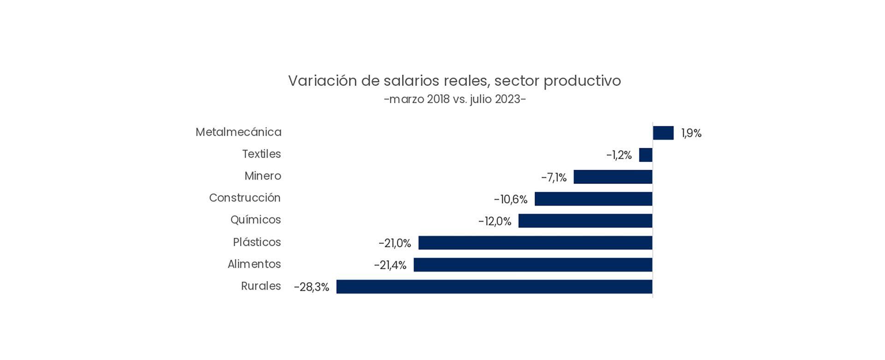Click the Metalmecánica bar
[663, 133]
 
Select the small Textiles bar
[645, 155]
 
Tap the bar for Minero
[613, 177]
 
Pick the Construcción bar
[593, 199]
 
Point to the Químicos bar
[585, 221]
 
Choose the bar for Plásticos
[535, 243]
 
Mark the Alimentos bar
[533, 265]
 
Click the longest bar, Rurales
[494, 287]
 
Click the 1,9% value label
[691, 133]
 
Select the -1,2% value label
[619, 155]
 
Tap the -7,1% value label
[554, 177]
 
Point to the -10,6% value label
[510, 200]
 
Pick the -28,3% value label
[311, 287]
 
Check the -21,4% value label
[390, 265]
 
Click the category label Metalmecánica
[238, 132]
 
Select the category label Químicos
[255, 220]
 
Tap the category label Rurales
[260, 286]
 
